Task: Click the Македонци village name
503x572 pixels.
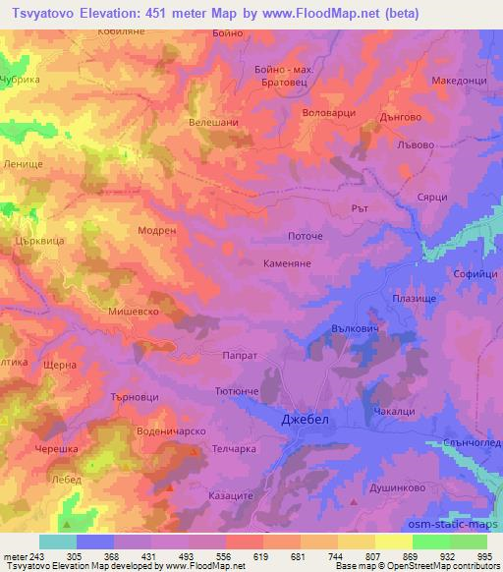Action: tap(458, 81)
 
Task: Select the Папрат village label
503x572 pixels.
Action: tap(241, 357)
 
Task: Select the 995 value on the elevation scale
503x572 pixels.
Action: tap(485, 557)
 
